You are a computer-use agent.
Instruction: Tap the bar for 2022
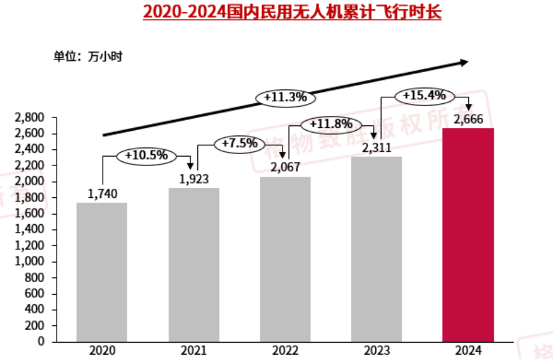coord(285,259)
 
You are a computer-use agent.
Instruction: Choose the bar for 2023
coord(376,249)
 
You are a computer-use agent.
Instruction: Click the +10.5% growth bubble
coord(146,155)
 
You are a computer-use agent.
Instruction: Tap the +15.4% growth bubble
coord(424,95)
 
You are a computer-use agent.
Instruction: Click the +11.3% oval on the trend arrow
coord(285,97)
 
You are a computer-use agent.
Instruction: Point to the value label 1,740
coord(103,194)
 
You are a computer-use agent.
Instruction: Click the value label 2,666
coord(468,119)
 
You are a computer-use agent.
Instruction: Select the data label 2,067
coord(285,168)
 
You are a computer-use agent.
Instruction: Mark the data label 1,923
coord(194,179)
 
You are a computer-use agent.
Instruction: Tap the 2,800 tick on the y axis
coord(30,118)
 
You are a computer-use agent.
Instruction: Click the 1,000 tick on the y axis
coord(30,261)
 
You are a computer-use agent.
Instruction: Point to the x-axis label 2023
coord(376,351)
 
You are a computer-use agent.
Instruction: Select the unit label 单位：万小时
coord(88,56)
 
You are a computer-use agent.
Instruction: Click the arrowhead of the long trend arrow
coord(464,63)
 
